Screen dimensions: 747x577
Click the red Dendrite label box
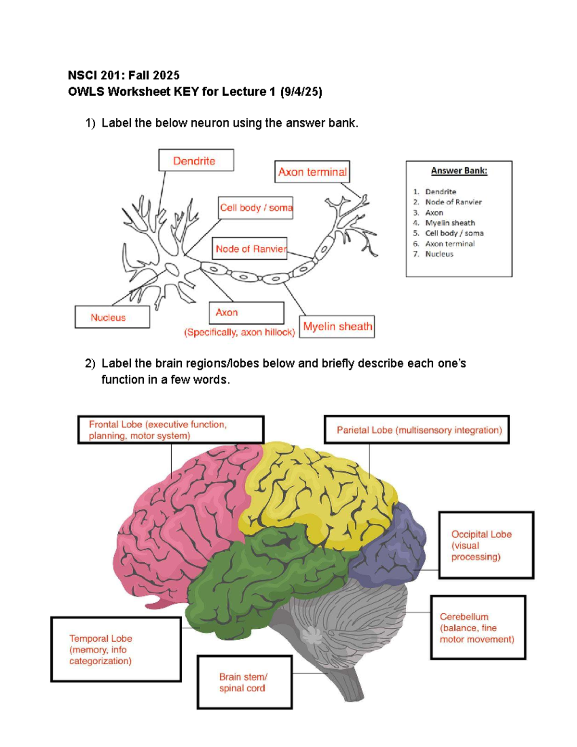[196, 160]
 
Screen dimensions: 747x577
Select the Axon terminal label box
[312, 172]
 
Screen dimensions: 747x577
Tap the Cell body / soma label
[255, 208]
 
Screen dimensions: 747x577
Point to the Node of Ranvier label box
[250, 249]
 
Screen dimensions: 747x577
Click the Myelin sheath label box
[337, 327]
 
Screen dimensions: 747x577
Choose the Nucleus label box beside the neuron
[112, 317]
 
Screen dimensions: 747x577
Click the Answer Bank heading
[459, 171]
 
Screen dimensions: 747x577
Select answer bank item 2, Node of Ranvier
[453, 202]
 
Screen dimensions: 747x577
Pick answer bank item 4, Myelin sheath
[450, 223]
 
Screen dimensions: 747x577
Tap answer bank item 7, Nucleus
[439, 254]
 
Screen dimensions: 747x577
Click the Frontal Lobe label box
[171, 430]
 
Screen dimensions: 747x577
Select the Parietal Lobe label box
[416, 430]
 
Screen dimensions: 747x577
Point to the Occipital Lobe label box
[486, 545]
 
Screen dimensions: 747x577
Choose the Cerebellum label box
[478, 627]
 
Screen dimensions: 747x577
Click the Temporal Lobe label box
[116, 649]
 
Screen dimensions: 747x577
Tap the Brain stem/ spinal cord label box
[244, 682]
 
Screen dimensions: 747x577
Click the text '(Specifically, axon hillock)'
[239, 332]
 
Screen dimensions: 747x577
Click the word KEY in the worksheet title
[186, 91]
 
